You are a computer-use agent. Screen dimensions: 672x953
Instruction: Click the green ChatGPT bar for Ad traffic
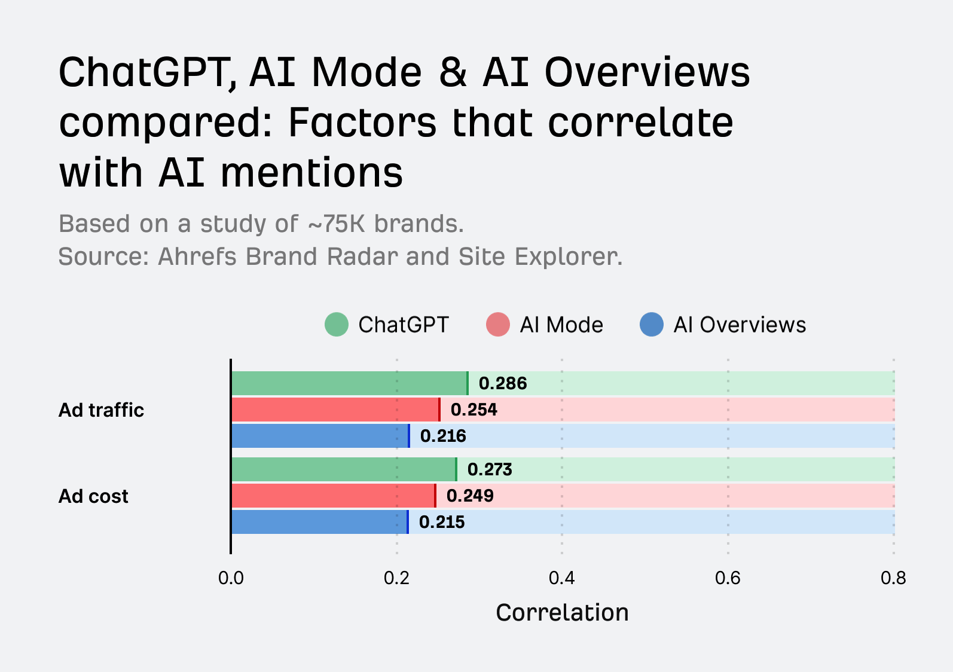tap(349, 383)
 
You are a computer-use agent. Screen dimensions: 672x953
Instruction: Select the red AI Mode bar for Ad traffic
tap(335, 410)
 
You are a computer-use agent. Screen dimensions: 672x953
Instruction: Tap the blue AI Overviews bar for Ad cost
tap(319, 522)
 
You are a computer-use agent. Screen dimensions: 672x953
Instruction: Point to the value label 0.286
tap(503, 383)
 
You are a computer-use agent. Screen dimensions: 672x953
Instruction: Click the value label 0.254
tap(474, 410)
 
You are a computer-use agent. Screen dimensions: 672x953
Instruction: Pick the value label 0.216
tap(443, 436)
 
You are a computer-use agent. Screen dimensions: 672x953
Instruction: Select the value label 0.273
tap(490, 469)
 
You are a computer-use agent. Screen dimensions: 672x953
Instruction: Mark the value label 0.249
tap(470, 496)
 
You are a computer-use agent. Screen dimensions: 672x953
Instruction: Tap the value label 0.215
tap(442, 522)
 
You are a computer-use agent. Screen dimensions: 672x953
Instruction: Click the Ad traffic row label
tap(101, 410)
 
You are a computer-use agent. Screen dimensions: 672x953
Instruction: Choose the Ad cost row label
tap(93, 496)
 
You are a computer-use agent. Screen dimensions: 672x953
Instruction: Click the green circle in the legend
tap(337, 325)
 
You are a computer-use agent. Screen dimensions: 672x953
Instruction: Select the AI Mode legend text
tap(561, 325)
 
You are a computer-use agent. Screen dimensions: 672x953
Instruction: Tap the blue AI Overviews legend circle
tap(652, 325)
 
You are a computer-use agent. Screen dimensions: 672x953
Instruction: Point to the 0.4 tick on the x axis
tap(562, 578)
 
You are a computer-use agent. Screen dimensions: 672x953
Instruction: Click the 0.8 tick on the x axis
tap(893, 578)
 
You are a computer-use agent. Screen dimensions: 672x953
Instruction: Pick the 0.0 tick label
tap(231, 578)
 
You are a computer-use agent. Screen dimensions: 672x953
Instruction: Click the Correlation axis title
tap(562, 613)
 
